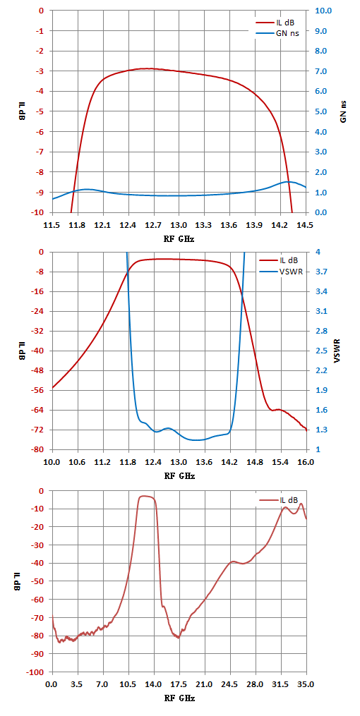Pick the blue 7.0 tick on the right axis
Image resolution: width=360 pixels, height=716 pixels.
[318, 71]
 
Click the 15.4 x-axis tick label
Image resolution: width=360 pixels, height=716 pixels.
[280, 463]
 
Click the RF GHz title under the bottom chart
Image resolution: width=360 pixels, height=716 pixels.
[179, 698]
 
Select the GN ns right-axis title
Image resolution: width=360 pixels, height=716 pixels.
[344, 111]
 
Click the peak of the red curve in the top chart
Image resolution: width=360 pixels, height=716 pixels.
[149, 68]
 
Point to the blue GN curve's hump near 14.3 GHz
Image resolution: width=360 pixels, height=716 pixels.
[288, 182]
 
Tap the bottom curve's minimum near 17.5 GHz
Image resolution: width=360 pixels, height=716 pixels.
[178, 638]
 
